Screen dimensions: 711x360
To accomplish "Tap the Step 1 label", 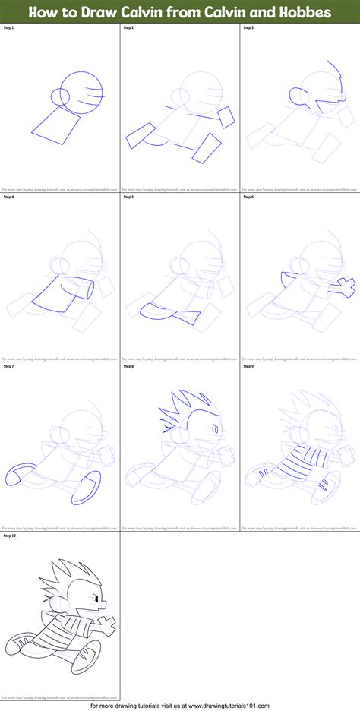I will pos(9,27).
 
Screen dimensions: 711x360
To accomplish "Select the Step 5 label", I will pos(128,197).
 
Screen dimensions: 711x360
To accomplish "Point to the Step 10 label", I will pos(10,536).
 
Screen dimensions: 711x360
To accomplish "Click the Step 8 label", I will pos(128,366).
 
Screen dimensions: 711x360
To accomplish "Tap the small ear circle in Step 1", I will pos(59,97).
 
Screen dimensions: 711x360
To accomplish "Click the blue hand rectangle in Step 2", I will pos(226,115).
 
